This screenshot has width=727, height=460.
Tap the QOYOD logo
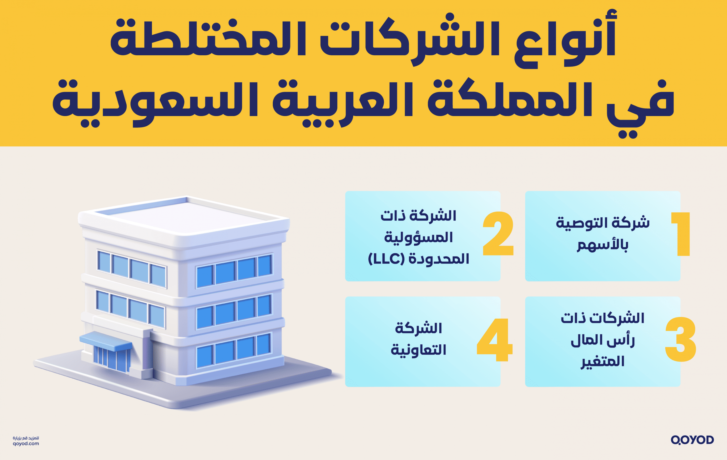[692, 440]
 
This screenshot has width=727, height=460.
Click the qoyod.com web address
[26, 444]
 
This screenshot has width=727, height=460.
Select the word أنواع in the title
[565, 39]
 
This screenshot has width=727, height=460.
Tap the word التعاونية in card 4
[418, 350]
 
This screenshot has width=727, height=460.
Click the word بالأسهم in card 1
[603, 245]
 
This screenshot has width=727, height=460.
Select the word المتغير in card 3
[603, 361]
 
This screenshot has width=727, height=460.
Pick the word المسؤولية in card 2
[418, 238]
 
